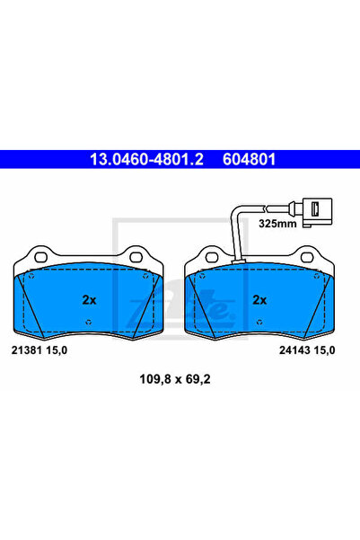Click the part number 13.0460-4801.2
tap(146, 159)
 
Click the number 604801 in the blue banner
tap(250, 159)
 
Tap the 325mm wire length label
tap(277, 224)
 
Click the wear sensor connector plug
tap(317, 212)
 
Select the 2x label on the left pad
tap(89, 300)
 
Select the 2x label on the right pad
tap(259, 300)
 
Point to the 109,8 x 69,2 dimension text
tap(175, 379)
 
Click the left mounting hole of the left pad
tap(41, 257)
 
